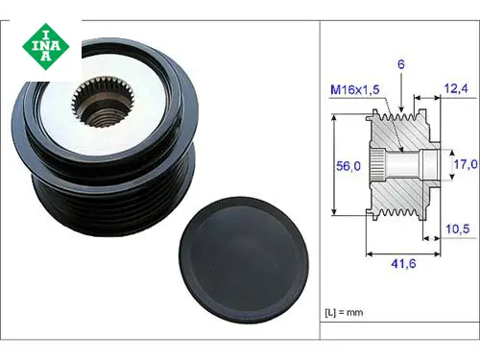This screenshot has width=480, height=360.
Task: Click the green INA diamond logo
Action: coord(46,47)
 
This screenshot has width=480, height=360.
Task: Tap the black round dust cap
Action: coord(244,261)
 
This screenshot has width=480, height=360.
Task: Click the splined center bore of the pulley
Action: coord(105,102)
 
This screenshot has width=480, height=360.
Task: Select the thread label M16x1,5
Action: coord(355,89)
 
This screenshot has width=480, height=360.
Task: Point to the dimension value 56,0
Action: coord(348,166)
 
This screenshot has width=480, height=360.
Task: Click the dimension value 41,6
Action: coord(403,264)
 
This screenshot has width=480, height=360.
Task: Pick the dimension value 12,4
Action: coord(456,88)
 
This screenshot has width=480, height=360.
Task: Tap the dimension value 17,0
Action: coord(466,164)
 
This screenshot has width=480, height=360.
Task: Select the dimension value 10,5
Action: coord(458,228)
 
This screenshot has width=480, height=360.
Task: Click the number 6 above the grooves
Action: coord(401,64)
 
